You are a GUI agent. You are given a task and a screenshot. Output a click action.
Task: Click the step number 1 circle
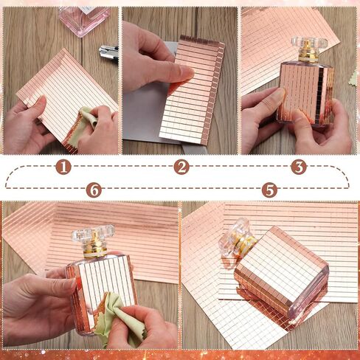[x=63, y=167]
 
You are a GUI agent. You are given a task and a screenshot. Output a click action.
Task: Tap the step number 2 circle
[x=181, y=167]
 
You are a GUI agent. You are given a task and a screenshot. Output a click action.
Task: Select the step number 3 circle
[x=299, y=167]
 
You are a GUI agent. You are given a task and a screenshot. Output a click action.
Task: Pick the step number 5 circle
[x=269, y=190]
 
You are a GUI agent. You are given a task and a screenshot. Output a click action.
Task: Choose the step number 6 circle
[x=94, y=190]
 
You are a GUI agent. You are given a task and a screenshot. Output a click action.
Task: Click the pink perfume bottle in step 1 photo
[x=83, y=21]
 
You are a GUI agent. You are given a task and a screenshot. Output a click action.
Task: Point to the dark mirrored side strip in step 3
[x=320, y=94]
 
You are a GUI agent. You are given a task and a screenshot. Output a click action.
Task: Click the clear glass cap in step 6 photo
[x=94, y=235]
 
